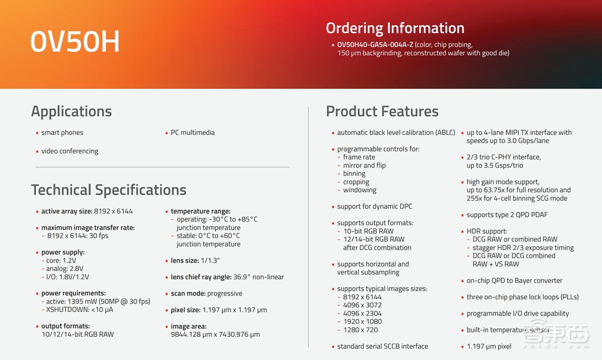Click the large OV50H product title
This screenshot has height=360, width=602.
point(75,42)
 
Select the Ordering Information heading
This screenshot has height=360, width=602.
point(395,28)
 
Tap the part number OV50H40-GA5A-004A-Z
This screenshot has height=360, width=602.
point(375,45)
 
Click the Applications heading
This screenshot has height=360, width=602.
point(72,111)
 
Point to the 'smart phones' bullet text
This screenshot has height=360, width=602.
point(62,132)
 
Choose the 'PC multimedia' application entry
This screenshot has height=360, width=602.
point(193,132)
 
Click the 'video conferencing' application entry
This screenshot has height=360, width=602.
point(70,151)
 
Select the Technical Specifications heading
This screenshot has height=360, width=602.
point(108,190)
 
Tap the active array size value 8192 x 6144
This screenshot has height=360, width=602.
point(113,211)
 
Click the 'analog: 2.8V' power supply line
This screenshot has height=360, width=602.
point(64,268)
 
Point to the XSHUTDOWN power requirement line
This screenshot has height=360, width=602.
point(79,309)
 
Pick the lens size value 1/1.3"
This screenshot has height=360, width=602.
point(210,260)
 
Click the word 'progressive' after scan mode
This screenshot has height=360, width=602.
point(225,294)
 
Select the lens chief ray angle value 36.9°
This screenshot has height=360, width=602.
point(241,277)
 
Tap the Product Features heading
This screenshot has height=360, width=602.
point(382,111)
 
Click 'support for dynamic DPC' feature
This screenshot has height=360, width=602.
point(374,206)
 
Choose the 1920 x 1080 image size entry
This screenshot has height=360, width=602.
point(362,321)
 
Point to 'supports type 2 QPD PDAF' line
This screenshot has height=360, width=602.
point(507,215)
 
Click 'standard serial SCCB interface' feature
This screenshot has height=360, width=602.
point(382,346)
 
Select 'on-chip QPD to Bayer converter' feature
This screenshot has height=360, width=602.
point(515,281)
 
